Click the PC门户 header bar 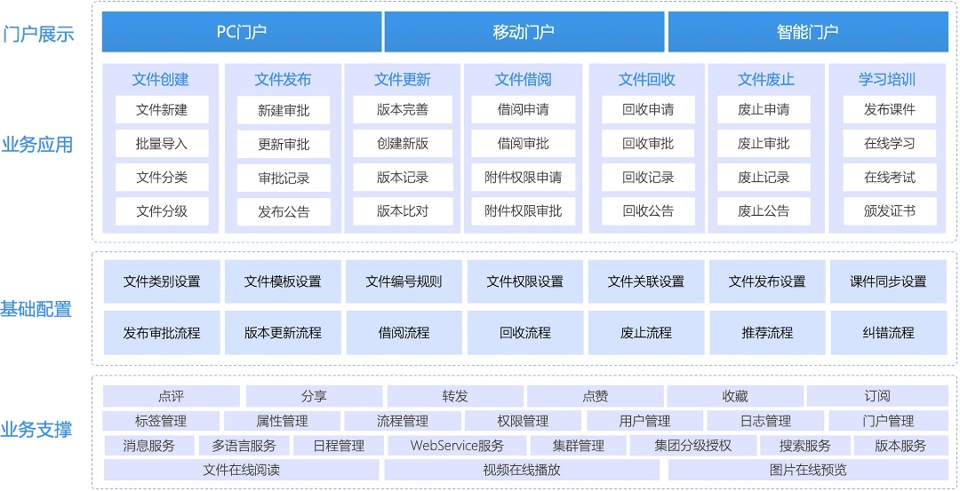[242, 32]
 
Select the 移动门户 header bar [524, 32]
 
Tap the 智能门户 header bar [807, 32]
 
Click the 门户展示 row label [38, 34]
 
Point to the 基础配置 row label [36, 309]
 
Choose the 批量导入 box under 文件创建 [162, 144]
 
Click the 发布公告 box [284, 212]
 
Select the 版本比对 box [403, 211]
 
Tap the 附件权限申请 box [523, 178]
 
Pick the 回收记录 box [648, 178]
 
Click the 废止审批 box [764, 144]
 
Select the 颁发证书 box [890, 211]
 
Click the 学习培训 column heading [887, 80]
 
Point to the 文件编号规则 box [404, 281]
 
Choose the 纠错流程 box [888, 333]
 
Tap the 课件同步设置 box [888, 281]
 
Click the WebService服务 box [458, 446]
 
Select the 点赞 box [595, 396]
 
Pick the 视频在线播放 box [522, 471]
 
